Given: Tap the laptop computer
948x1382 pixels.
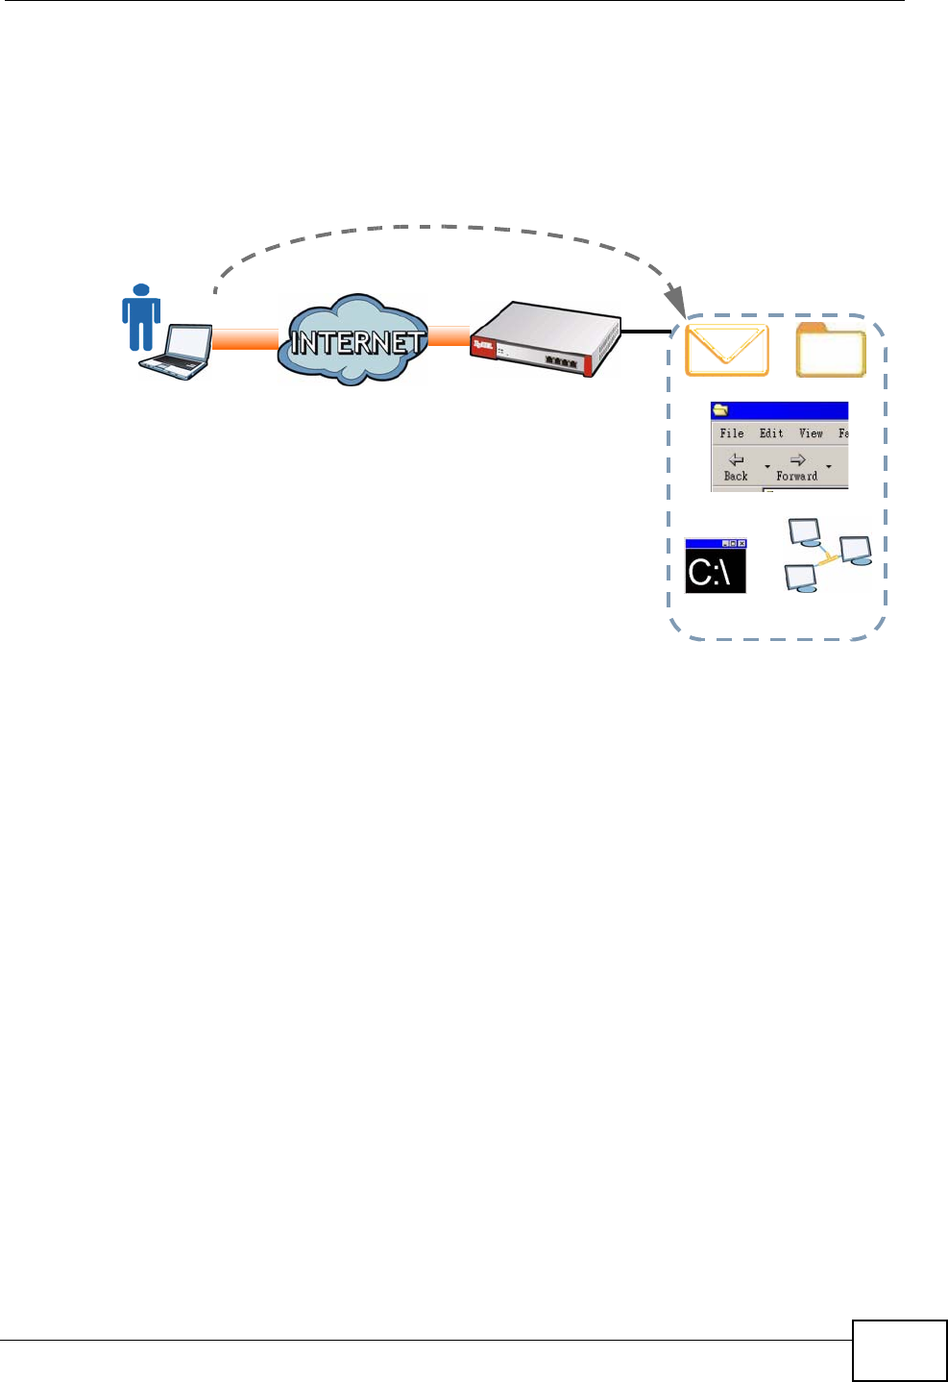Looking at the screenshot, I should [179, 353].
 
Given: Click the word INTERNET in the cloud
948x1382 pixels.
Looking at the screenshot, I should [355, 342].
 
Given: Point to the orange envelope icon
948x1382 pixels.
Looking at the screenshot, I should [727, 350].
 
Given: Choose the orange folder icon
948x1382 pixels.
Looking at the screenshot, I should [831, 351].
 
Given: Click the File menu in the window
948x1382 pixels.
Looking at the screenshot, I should [732, 433].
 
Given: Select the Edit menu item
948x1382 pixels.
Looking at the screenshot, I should [771, 433].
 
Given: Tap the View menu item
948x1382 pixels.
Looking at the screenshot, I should [811, 433].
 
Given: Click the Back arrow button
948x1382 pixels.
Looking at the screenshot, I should [736, 466].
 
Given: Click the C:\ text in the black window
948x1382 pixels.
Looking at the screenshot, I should [710, 573].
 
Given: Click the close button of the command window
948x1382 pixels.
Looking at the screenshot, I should [741, 544].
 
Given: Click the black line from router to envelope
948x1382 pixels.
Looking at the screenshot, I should [645, 332].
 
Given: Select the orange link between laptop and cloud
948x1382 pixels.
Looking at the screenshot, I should [244, 339].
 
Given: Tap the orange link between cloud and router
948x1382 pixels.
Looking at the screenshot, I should [448, 336].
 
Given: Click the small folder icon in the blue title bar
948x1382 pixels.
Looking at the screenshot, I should [719, 410].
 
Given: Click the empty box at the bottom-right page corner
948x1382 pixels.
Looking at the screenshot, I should [899, 1350].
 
